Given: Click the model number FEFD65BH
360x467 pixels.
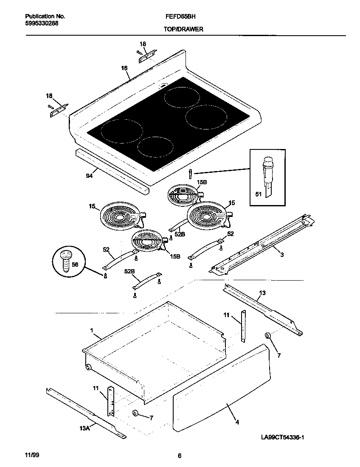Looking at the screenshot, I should [177, 17].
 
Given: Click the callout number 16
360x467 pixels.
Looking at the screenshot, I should [124, 68].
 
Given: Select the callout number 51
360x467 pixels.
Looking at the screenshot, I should [258, 194].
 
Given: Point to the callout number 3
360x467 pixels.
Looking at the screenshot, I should [281, 254].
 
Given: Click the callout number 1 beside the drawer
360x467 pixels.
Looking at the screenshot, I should [91, 330].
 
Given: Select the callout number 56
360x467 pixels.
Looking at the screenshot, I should [75, 264].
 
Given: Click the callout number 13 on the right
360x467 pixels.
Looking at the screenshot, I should [262, 293].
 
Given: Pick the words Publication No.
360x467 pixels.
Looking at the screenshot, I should [42, 17].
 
